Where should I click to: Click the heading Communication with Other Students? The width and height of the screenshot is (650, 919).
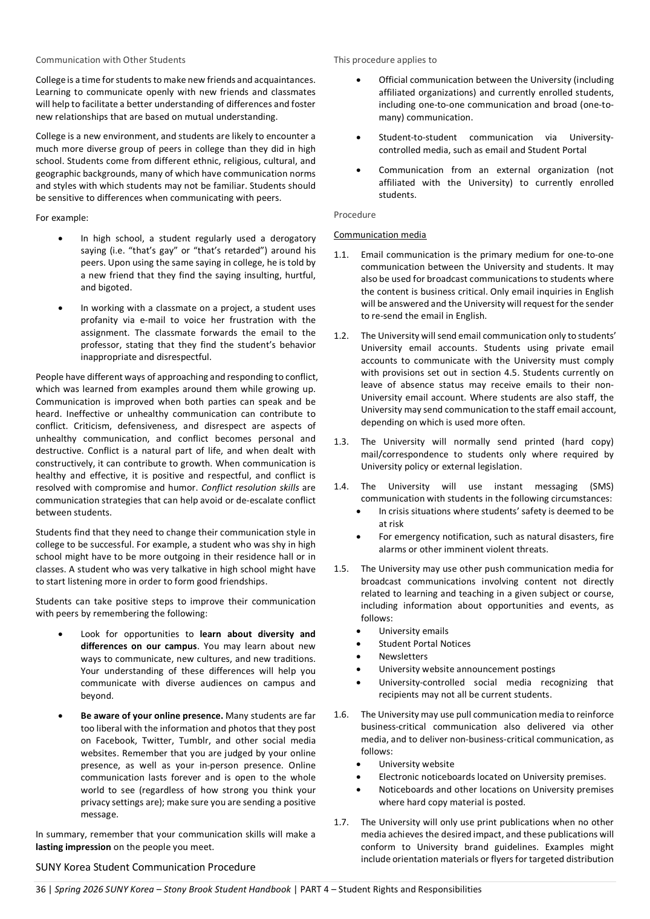(111, 60)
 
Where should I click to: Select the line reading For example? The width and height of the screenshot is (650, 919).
(62, 218)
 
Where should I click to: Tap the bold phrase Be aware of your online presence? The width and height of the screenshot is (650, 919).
(152, 716)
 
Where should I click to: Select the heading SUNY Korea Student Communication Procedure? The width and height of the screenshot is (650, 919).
(145, 867)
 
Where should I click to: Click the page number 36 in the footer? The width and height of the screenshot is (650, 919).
(41, 889)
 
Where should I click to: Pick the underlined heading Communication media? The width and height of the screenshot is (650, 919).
(380, 235)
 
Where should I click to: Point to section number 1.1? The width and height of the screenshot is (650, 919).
(341, 255)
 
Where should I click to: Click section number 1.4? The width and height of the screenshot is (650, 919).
(341, 486)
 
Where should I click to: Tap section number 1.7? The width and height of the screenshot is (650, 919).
(341, 822)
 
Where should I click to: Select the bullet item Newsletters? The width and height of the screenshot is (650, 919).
(403, 656)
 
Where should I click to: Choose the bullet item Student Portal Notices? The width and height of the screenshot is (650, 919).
(424, 644)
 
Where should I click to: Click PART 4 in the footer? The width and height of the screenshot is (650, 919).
(316, 889)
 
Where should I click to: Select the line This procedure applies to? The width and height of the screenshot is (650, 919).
(385, 60)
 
